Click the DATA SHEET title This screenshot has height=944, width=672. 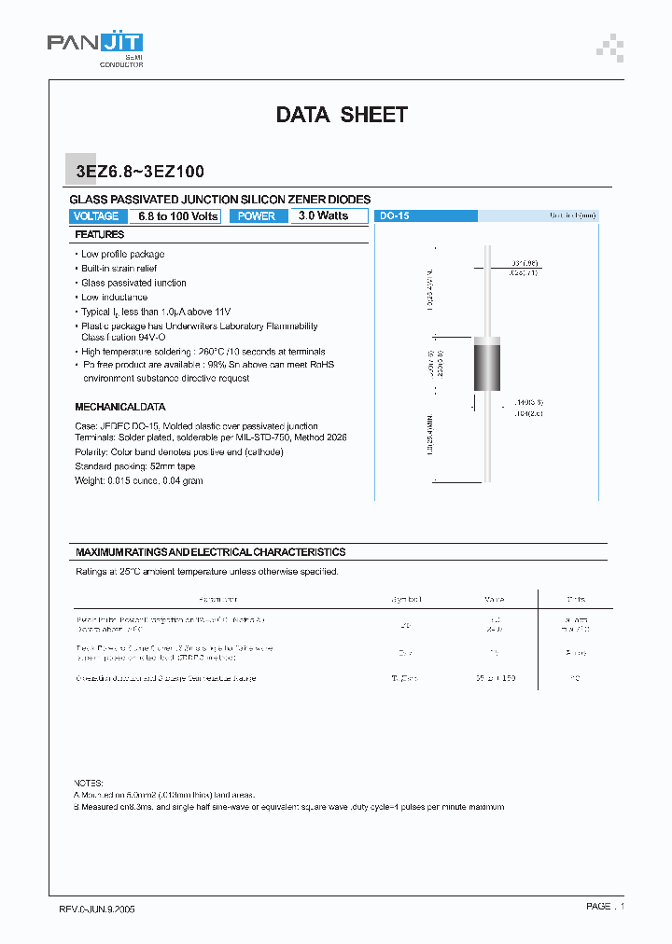(342, 115)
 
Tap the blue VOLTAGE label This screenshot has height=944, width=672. (95, 216)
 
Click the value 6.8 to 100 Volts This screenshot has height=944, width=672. (177, 216)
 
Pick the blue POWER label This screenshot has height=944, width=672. (257, 216)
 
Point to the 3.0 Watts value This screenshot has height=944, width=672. (323, 216)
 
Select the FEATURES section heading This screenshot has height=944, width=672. (100, 235)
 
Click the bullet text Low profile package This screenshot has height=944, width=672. (122, 254)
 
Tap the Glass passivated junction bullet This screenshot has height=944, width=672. (133, 283)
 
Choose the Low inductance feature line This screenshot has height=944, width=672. (114, 298)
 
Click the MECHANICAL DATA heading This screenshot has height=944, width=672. (119, 408)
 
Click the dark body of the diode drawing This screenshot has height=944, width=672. (487, 369)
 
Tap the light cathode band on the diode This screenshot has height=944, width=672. (487, 340)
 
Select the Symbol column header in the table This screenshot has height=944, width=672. (406, 599)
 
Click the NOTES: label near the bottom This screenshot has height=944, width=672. (90, 783)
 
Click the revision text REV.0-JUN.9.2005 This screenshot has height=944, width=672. (91, 909)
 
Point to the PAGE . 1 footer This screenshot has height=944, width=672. (605, 907)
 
